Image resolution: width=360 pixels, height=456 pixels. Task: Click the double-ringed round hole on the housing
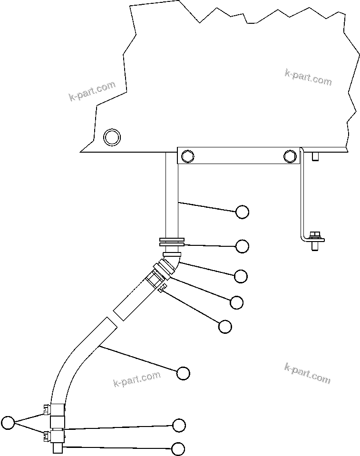point(112,137)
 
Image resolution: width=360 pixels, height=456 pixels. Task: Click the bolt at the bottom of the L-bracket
point(314,240)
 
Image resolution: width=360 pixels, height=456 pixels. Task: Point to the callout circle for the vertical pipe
point(243,212)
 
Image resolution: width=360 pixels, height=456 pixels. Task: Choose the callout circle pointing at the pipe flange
point(243,246)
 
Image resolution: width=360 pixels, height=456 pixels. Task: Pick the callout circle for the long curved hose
point(183,373)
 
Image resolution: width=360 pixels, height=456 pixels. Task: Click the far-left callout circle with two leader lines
point(8,422)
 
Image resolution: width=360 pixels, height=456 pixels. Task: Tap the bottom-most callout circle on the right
point(178,448)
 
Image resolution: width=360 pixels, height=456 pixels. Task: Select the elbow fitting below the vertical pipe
point(172,262)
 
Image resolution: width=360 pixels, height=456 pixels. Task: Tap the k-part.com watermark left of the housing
point(92,92)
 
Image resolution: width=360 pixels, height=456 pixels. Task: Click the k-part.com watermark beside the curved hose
point(137,379)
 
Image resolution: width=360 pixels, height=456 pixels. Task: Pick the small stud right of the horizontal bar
point(315,157)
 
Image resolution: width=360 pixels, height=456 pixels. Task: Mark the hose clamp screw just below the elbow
point(162,287)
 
